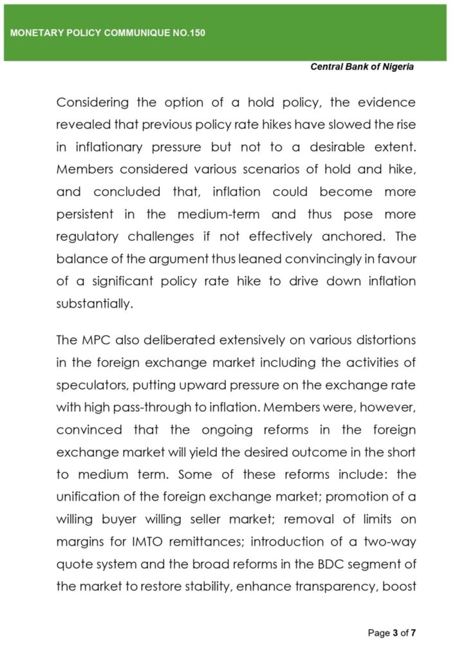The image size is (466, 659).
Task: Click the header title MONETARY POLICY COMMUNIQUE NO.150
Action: (x=107, y=33)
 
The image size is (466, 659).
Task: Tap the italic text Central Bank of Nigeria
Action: (x=362, y=67)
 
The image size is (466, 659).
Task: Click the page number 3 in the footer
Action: (x=395, y=633)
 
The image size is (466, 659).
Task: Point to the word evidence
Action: (x=385, y=103)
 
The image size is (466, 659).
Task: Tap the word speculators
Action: (x=91, y=384)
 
